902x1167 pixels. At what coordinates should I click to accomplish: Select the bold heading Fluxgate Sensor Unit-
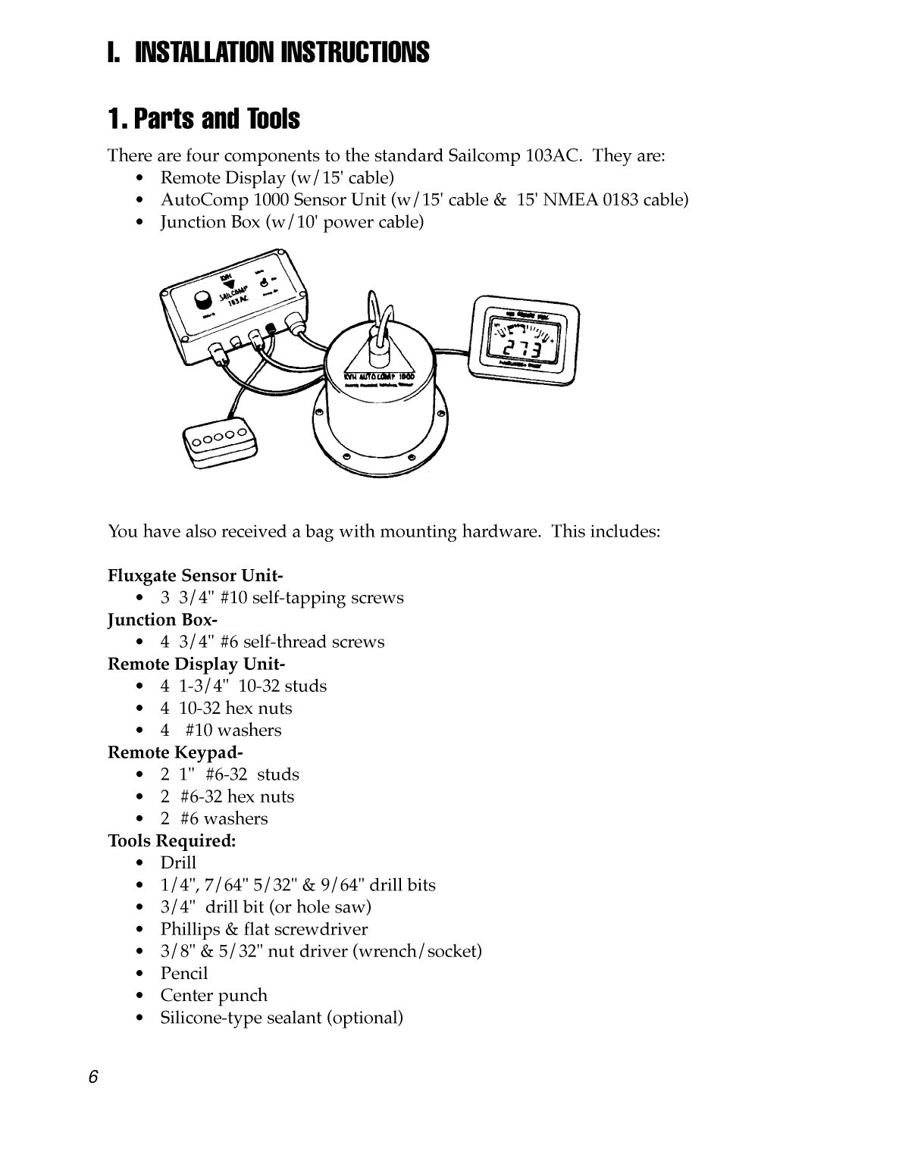point(196,575)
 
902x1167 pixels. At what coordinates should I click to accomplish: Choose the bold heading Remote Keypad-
point(175,752)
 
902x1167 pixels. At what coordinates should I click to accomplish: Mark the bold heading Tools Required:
point(172,840)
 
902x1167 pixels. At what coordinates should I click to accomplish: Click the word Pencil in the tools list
point(183,973)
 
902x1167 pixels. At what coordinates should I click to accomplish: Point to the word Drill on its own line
point(178,862)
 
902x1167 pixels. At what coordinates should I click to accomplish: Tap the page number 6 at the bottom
point(92,1078)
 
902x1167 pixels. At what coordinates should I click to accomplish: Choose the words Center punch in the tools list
point(214,995)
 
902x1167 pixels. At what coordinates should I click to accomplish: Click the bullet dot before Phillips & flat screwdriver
point(139,929)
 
